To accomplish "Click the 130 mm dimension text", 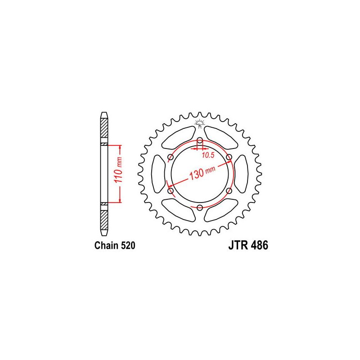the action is (x=202, y=173).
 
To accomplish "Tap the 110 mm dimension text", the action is (x=119, y=170).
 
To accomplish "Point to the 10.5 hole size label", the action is (x=208, y=155).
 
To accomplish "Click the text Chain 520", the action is (x=115, y=245).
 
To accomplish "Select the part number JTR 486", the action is (x=248, y=245).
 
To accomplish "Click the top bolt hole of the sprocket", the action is (x=200, y=140).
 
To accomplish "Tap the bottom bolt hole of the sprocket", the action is (x=200, y=208).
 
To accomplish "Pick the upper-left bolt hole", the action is (x=171, y=157).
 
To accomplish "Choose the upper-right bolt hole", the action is (x=229, y=157).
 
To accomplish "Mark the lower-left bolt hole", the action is (x=171, y=191).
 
